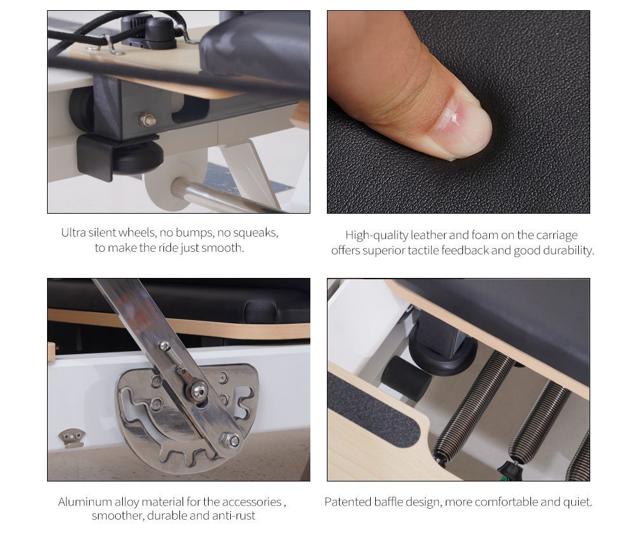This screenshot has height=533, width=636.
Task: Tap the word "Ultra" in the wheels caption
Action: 73,232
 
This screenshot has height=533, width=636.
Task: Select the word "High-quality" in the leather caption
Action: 377,235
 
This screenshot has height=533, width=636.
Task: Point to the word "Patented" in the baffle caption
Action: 348,502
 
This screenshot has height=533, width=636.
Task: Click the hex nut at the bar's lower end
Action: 230,441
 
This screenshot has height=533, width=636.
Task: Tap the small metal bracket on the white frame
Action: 71,438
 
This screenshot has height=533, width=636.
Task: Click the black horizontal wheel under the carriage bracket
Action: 138,156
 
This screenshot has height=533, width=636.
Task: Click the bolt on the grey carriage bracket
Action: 148,120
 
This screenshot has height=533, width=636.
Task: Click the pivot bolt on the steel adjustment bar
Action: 197,391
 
